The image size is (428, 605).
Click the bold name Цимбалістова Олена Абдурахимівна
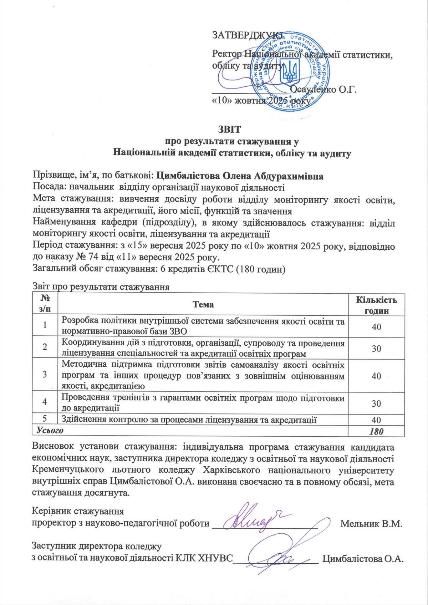click(240, 176)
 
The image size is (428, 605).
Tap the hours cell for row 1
click(376, 326)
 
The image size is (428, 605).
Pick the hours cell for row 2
click(376, 348)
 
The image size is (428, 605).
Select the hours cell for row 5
click(376, 420)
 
